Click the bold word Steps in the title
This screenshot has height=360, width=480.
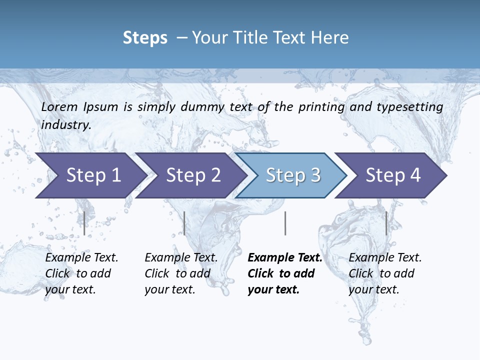click(x=145, y=38)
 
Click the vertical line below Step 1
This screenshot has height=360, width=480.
click(x=84, y=223)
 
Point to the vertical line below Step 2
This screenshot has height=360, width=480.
click(x=184, y=223)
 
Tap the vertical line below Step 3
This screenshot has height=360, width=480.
click(x=285, y=223)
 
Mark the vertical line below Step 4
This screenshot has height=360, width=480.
click(x=386, y=223)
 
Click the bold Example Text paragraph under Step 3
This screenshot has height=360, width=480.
click(x=284, y=273)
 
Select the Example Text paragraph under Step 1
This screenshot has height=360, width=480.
click(x=81, y=273)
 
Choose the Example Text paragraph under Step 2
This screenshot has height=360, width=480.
click(x=181, y=273)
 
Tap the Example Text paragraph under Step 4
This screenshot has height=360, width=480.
click(x=385, y=273)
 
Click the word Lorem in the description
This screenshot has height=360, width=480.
click(x=59, y=107)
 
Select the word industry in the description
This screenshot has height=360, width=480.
click(x=65, y=125)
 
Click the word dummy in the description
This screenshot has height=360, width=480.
click(x=202, y=107)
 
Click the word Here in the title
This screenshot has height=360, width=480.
click(x=329, y=38)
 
